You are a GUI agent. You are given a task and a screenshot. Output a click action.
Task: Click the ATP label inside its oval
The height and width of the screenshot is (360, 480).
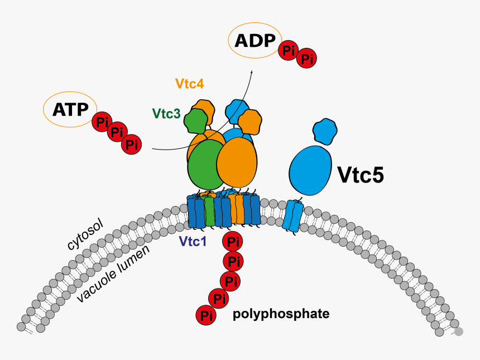point(70,109)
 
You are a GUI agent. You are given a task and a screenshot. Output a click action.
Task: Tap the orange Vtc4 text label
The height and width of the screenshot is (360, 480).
point(190,84)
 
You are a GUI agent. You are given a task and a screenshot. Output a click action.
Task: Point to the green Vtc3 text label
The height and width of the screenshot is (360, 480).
point(166,114)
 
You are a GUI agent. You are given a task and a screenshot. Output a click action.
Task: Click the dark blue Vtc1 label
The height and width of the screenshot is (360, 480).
point(194,241)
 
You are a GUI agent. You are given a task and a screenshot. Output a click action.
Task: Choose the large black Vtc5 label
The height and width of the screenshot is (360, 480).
point(361,176)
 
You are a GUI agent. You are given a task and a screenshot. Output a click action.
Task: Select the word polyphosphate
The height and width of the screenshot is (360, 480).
point(281,314)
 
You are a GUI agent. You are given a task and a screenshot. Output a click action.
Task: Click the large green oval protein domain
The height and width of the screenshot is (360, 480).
point(206,164)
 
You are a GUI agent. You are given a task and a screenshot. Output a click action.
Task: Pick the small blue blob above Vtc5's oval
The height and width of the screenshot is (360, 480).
point(324,131)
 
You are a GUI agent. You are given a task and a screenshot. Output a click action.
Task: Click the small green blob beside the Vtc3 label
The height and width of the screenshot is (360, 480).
point(195,119)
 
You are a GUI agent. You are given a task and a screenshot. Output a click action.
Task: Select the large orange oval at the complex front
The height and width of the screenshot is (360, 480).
point(237,162)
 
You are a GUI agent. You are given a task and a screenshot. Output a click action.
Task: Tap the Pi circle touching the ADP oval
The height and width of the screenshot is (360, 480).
point(288,51)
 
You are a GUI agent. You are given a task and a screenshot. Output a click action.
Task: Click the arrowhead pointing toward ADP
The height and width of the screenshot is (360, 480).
point(251,71)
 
